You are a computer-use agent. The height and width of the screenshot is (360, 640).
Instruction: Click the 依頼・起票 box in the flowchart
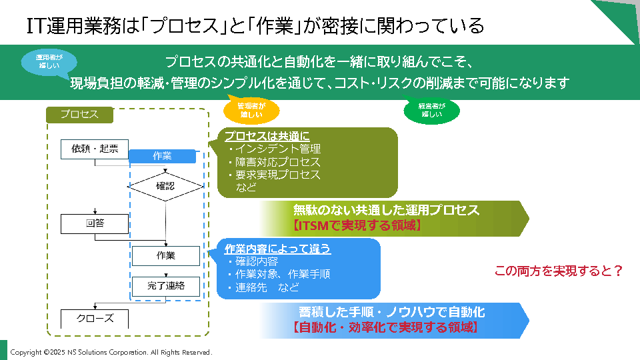coord(94,149)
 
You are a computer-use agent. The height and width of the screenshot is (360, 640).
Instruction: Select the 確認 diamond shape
coord(165,187)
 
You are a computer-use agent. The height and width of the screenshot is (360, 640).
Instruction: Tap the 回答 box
coord(94,223)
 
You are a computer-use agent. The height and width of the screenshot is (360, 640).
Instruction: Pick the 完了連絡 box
coord(165,286)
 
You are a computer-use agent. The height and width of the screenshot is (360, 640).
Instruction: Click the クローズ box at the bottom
coord(94,319)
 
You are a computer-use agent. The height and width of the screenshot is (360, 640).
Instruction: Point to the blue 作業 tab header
coord(162,156)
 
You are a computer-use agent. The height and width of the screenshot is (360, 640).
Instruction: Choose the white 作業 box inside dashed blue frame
coord(165,256)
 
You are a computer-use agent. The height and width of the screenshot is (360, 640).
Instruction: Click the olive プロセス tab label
coord(79,115)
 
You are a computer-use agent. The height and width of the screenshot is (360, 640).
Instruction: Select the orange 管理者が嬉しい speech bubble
coord(251,110)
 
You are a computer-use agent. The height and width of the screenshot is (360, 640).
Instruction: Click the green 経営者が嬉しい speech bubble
coord(431,110)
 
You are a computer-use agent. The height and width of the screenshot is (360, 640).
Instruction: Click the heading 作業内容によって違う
coord(277,249)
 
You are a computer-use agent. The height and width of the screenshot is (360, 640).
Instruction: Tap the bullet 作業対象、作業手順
coord(278,274)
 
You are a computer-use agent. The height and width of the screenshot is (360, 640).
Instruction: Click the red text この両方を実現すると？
coord(559,271)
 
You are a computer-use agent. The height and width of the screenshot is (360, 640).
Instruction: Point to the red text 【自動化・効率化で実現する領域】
coord(385,327)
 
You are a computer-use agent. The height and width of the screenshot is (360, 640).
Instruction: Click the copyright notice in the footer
coord(111,352)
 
